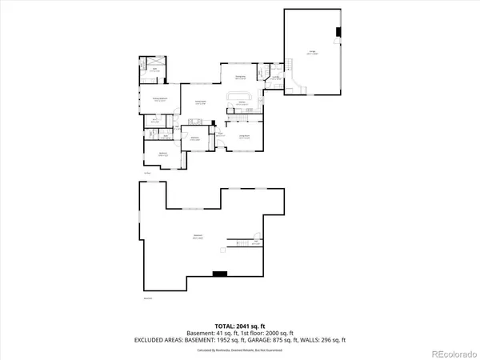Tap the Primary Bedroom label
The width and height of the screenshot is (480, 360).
(x=159, y=99)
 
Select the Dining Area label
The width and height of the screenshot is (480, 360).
(x=239, y=78)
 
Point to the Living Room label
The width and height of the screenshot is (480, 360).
(x=242, y=137)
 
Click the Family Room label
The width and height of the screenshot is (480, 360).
(x=201, y=102)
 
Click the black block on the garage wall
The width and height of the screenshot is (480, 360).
(x=338, y=33)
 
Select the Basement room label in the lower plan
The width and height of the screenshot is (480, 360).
(x=197, y=237)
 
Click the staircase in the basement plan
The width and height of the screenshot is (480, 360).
(x=239, y=241)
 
